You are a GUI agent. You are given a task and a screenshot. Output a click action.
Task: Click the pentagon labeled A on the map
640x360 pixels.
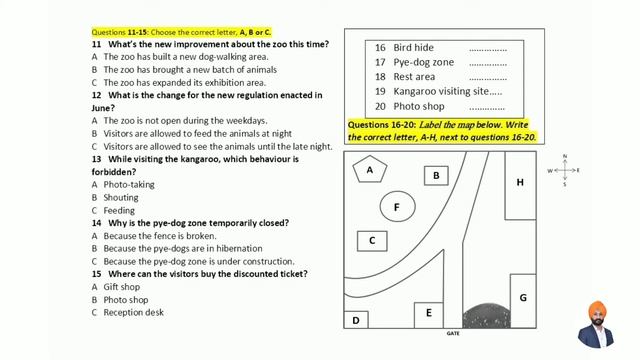click(x=370, y=170)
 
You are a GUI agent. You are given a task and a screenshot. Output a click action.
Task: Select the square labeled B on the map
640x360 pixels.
click(x=435, y=176)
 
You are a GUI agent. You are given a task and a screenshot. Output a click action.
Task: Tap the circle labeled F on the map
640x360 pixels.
click(x=397, y=207)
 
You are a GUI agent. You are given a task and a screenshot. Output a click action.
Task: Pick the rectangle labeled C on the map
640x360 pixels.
click(x=372, y=240)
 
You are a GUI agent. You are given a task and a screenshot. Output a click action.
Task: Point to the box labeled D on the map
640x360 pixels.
click(x=356, y=320)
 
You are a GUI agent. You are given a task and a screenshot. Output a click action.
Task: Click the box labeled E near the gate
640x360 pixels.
click(x=429, y=313)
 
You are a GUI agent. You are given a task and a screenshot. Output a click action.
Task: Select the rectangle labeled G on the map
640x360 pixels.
click(x=522, y=297)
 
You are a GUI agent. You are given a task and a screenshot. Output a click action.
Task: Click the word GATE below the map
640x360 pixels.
click(x=453, y=333)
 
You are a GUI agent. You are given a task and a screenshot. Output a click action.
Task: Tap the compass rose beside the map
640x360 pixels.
click(x=564, y=170)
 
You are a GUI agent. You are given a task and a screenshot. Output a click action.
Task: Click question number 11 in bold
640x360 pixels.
click(x=97, y=45)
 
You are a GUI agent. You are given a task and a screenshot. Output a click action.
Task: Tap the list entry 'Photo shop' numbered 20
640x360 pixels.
click(x=419, y=106)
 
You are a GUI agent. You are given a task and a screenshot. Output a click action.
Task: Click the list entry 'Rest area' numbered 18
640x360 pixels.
click(x=414, y=76)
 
